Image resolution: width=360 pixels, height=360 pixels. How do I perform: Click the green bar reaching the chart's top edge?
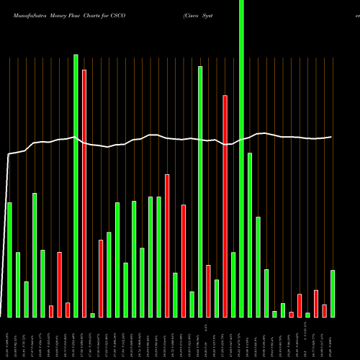[x=241, y=158]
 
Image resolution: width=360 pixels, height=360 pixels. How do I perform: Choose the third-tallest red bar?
[x=167, y=245]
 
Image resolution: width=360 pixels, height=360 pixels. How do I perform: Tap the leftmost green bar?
[x=9, y=259]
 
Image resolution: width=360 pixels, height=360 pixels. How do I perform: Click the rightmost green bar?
[x=333, y=293]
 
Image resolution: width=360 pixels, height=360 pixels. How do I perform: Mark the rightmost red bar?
[x=325, y=310]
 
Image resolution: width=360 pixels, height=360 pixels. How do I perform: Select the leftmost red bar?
[x=51, y=311]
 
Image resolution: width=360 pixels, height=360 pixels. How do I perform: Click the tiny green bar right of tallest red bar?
[x=93, y=315]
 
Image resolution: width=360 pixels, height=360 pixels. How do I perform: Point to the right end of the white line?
[x=331, y=137]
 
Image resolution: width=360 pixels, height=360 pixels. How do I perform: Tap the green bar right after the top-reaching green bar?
[x=250, y=235]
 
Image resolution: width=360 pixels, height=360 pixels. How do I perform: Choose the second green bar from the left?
[x=18, y=284]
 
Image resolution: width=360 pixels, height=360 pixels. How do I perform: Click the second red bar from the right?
[x=316, y=303]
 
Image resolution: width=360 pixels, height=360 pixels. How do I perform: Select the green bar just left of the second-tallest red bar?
[x=217, y=298]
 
